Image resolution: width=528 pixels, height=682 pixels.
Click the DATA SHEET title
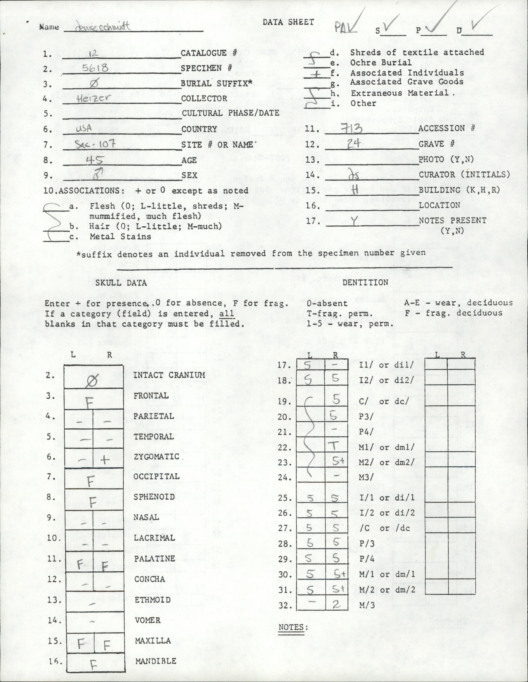[288, 22]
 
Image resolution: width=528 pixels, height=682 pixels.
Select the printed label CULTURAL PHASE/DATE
[230, 113]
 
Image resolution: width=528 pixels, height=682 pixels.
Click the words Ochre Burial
[381, 63]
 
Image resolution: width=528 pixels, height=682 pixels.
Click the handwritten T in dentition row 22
[334, 446]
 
